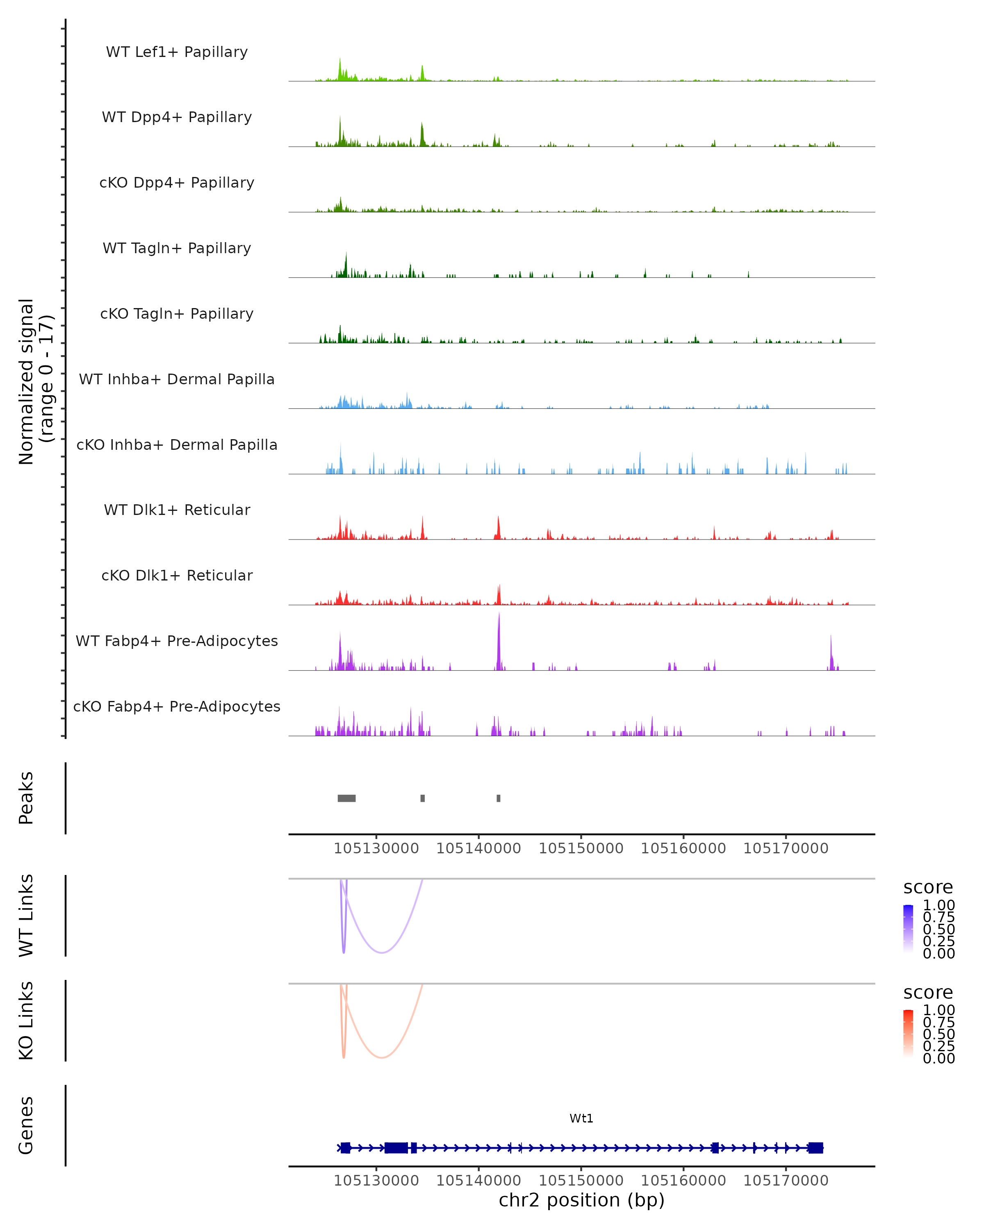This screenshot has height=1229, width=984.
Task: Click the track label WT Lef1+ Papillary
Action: point(177,52)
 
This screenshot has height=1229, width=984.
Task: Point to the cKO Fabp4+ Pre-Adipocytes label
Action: point(177,706)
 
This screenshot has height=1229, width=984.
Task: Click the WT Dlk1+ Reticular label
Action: point(177,510)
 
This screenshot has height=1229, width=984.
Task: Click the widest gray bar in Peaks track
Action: point(346,798)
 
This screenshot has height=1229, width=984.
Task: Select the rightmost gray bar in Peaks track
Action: point(499,798)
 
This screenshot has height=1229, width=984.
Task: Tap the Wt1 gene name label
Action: point(581,1118)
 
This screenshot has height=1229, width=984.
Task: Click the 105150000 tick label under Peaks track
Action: point(581,848)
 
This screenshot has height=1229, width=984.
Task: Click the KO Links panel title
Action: point(26,1020)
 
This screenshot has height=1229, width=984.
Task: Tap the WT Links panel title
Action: point(26,916)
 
